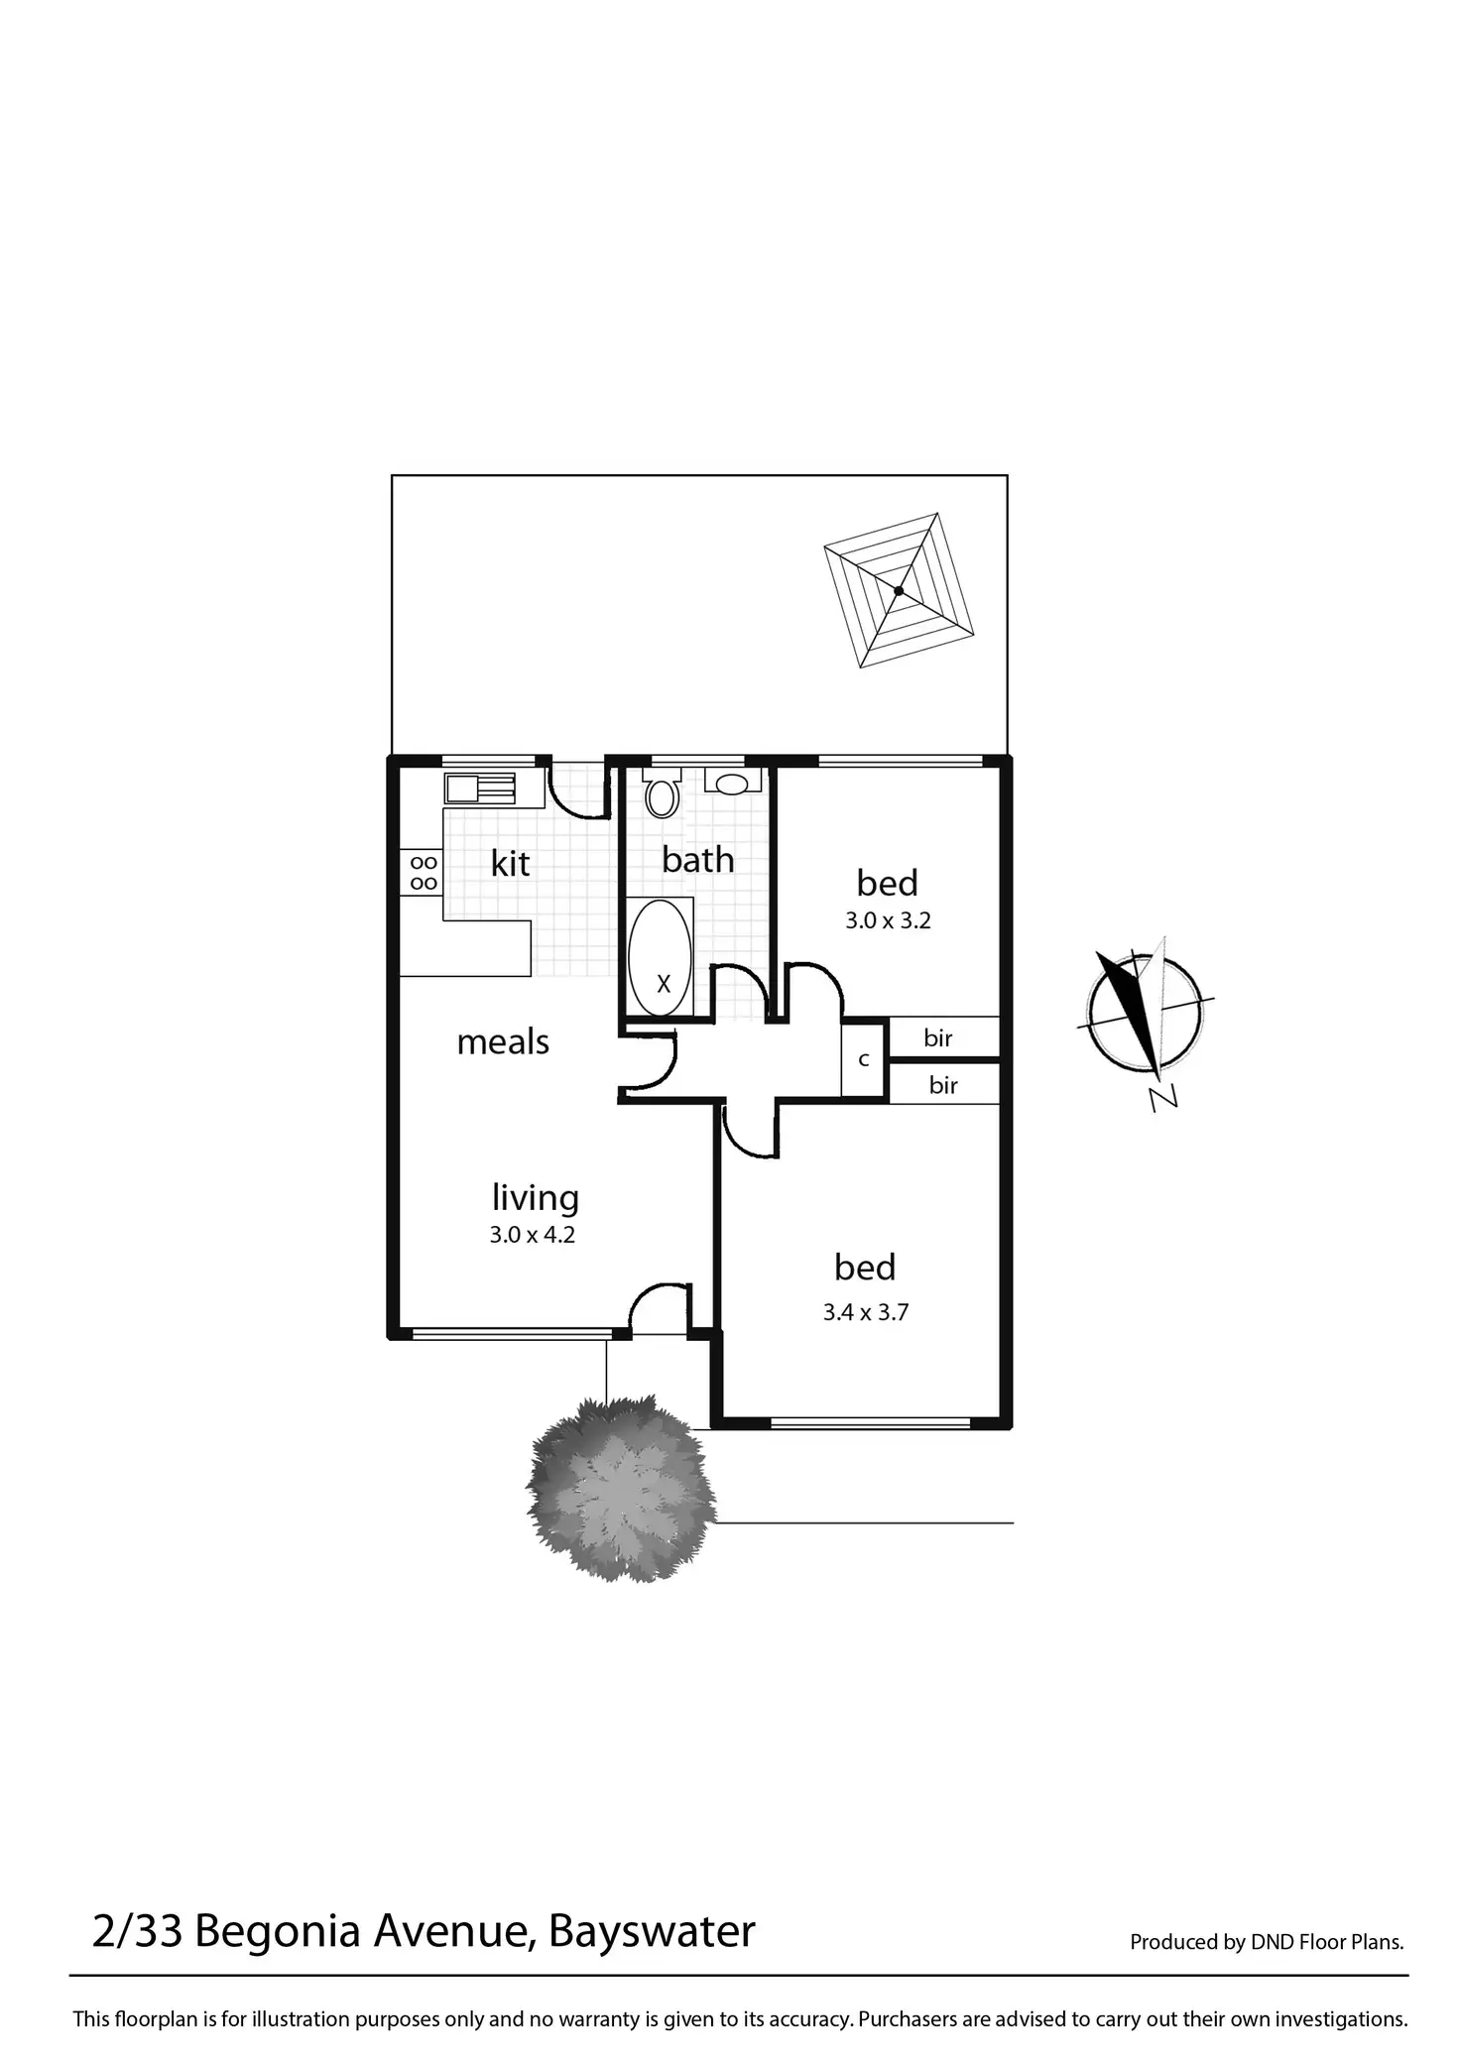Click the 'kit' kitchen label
click(x=510, y=863)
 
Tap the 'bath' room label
click(x=698, y=859)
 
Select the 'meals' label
click(x=503, y=1041)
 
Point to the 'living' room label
click(x=536, y=1198)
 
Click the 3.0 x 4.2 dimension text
click(x=533, y=1236)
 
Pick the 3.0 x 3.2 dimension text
click(x=888, y=920)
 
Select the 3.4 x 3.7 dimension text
click(x=866, y=1312)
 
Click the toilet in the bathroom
click(x=661, y=795)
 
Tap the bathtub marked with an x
click(x=662, y=957)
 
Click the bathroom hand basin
click(x=733, y=785)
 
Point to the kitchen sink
click(x=480, y=789)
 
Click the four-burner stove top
click(x=423, y=873)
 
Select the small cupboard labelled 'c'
click(x=864, y=1059)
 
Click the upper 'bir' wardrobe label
click(x=938, y=1037)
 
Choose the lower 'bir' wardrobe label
click(x=943, y=1085)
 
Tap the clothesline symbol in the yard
click(x=899, y=590)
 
